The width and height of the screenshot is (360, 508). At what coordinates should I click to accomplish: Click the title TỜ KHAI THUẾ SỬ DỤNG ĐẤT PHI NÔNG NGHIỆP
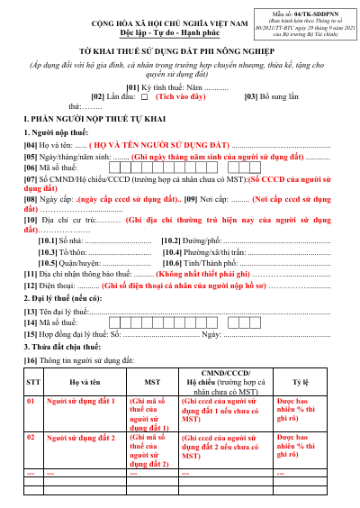(x=180, y=55)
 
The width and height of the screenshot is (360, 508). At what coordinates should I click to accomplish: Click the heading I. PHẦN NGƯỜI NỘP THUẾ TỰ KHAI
(x=92, y=118)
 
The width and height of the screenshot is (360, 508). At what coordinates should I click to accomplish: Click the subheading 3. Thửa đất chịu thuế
(x=65, y=345)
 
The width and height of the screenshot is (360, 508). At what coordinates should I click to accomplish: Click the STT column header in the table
(x=32, y=381)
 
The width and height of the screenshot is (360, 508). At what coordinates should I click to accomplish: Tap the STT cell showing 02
(x=32, y=437)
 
